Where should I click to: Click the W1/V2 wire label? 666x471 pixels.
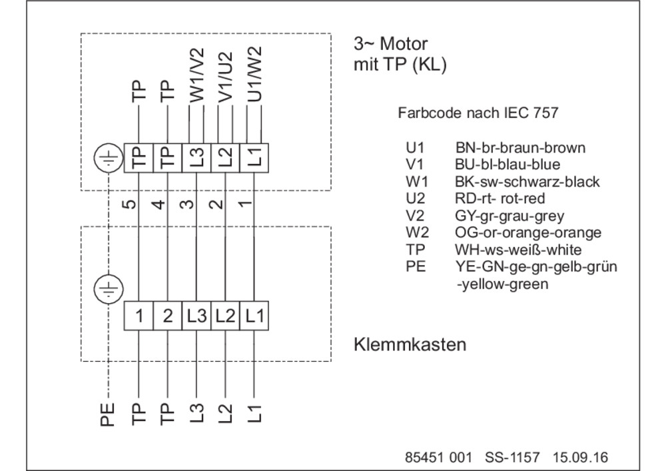click(196, 75)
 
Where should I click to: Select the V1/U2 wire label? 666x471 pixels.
click(225, 77)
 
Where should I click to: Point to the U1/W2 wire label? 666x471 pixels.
click(254, 74)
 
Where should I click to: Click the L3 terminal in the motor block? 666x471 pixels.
click(196, 158)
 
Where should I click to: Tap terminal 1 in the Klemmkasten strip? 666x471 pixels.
click(139, 316)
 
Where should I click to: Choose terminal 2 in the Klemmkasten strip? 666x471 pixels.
click(167, 316)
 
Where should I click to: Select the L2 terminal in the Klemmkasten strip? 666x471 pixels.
click(225, 316)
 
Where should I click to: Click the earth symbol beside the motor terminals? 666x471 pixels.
click(109, 158)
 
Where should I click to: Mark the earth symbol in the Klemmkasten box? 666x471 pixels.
click(109, 289)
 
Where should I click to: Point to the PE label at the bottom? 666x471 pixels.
click(108, 414)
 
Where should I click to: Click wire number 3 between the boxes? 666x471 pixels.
click(187, 205)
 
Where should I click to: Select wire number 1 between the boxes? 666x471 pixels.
click(245, 204)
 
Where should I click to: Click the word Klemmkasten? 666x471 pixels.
click(410, 344)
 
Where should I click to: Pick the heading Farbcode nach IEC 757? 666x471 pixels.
click(478, 113)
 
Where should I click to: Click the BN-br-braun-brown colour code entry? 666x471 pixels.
click(520, 148)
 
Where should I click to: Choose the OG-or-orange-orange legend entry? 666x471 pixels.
click(528, 233)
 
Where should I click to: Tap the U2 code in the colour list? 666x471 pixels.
click(415, 199)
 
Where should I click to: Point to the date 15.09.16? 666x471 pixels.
click(580, 458)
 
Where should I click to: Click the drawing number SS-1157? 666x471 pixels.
click(512, 458)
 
